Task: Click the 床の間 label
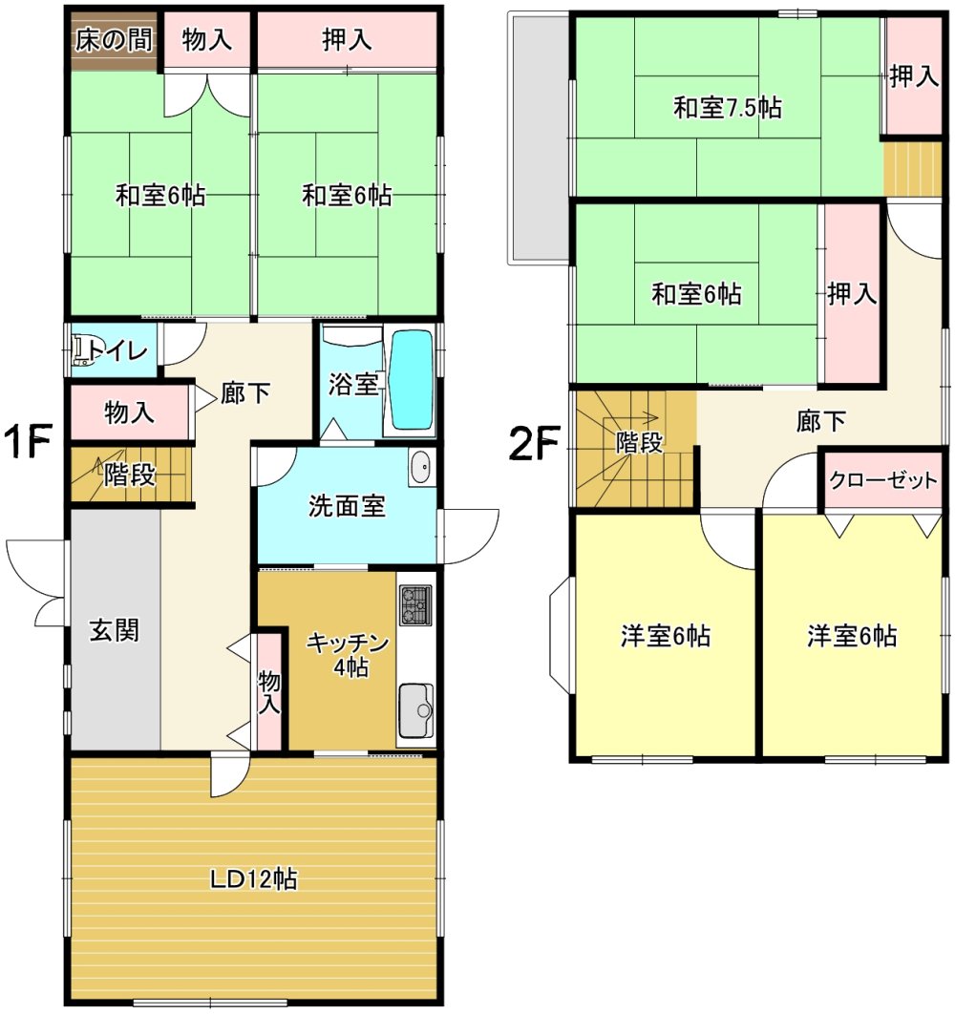coord(114,40)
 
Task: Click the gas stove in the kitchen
coord(415,604)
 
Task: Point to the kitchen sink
coord(416,710)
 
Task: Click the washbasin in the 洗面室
coord(420,468)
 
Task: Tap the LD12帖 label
coord(254,878)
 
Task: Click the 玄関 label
coord(114,629)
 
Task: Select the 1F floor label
coord(28,442)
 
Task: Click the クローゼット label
coord(882,480)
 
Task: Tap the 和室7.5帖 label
coord(728,107)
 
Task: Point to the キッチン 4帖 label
coord(348,654)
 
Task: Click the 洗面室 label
coord(347,506)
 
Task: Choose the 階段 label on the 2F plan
coord(639,443)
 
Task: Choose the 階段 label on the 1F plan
coord(130,475)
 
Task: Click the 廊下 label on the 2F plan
coord(820,422)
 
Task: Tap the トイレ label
coord(117,351)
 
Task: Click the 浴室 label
coord(353,384)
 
